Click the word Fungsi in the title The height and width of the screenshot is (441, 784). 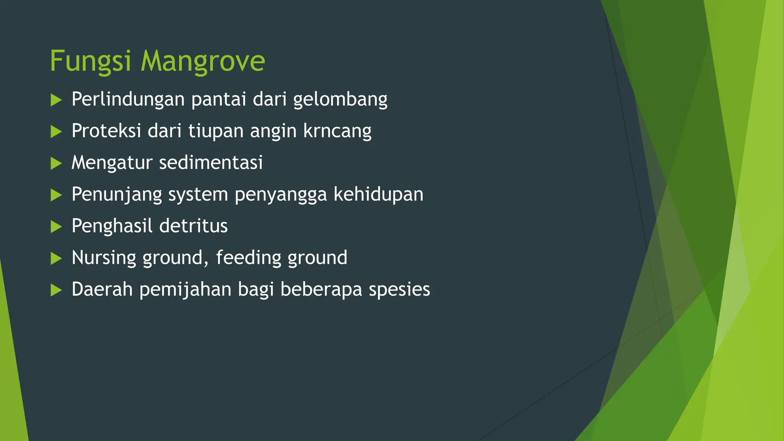click(91, 61)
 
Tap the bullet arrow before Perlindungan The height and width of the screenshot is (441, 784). click(56, 100)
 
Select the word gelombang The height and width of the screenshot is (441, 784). click(340, 100)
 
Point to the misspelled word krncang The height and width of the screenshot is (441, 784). click(337, 131)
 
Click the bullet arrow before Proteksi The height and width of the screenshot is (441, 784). click(56, 132)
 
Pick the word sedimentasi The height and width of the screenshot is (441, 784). click(211, 162)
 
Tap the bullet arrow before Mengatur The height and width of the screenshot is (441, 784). click(56, 164)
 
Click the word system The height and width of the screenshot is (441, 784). click(198, 194)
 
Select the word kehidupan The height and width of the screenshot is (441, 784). click(378, 194)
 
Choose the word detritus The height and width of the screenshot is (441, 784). click(193, 226)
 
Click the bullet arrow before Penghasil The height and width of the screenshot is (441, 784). click(56, 227)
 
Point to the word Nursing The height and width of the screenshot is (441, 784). click(104, 258)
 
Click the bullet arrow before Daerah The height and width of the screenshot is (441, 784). click(56, 290)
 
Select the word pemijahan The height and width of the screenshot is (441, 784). click(185, 289)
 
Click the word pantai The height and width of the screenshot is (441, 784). click(219, 100)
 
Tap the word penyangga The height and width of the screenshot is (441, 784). click(281, 194)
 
